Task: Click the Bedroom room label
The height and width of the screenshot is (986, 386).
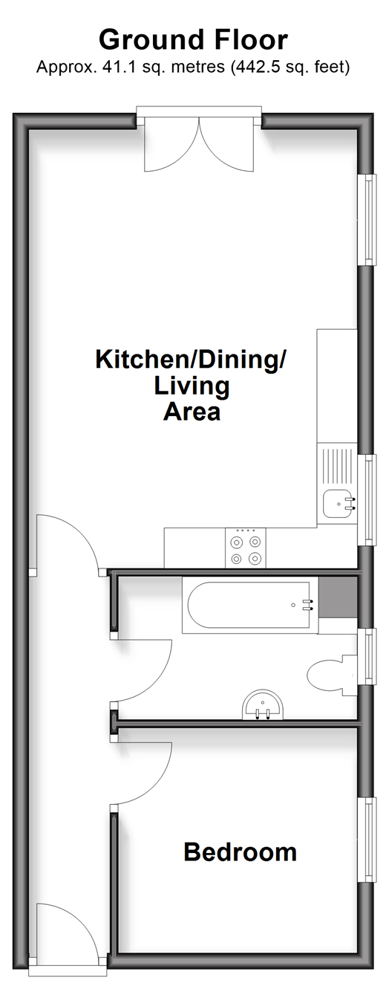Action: [x=240, y=852]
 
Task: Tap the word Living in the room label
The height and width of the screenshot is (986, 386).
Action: [x=192, y=386]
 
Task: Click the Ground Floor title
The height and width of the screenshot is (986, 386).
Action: [x=193, y=39]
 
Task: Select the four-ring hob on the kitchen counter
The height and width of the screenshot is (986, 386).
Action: [x=245, y=548]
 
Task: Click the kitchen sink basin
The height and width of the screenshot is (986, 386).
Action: [x=339, y=505]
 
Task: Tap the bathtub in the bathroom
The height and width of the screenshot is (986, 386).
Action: [x=250, y=606]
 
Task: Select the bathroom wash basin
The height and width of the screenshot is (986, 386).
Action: [x=263, y=704]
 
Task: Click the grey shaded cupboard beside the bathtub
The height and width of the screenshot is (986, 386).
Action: [x=338, y=597]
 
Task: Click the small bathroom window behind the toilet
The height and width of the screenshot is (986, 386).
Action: [x=367, y=656]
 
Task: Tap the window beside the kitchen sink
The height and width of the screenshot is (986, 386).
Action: [x=367, y=499]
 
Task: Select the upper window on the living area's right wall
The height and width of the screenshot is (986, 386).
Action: [x=367, y=220]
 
